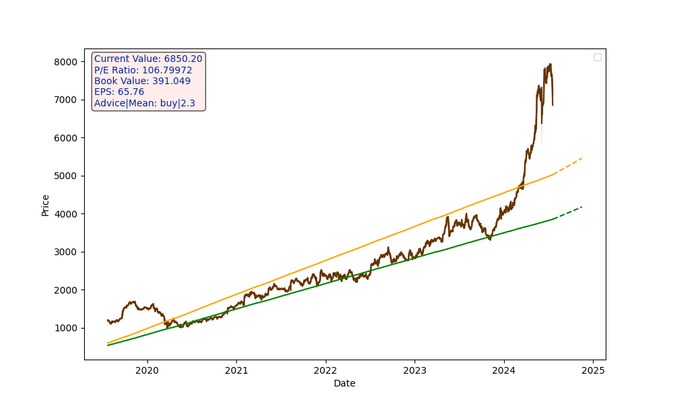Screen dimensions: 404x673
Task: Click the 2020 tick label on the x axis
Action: [147, 370]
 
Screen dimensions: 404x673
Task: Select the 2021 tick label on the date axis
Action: [236, 370]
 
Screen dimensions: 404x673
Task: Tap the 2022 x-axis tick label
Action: [325, 370]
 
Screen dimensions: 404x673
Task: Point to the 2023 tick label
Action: [415, 370]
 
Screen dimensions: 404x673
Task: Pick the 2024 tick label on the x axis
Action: [503, 370]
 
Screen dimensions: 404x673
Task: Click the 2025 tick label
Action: [593, 370]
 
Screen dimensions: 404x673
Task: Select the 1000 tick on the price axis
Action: [67, 328]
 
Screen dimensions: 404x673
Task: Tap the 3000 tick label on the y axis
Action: [67, 252]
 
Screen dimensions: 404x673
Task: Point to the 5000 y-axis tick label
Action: [67, 176]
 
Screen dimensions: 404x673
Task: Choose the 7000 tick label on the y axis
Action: [67, 100]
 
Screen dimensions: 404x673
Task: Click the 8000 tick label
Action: [67, 62]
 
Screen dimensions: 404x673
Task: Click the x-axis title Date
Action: [345, 383]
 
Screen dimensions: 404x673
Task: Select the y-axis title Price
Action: [46, 205]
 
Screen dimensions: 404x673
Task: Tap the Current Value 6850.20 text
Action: [148, 59]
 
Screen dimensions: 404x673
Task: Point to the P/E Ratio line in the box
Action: [143, 70]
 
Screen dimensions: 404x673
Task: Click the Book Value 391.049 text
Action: [142, 81]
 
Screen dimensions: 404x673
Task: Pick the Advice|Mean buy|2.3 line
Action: [145, 103]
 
